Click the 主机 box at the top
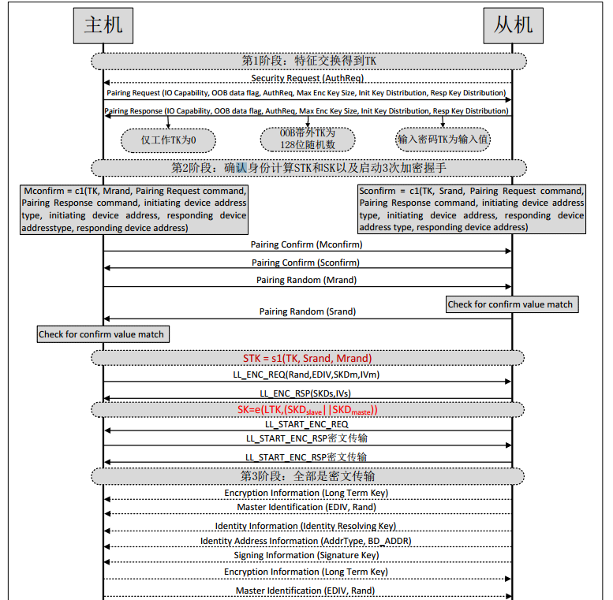pyautogui.click(x=103, y=25)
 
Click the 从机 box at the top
pyautogui.click(x=513, y=25)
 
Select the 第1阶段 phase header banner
pyautogui.click(x=308, y=61)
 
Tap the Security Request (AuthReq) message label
pyautogui.click(x=308, y=78)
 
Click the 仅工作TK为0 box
pyautogui.click(x=168, y=140)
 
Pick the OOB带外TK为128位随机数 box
pyautogui.click(x=308, y=139)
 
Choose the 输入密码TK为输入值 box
pyautogui.click(x=443, y=139)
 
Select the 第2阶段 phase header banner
pyautogui.click(x=308, y=167)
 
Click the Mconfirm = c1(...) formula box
pyautogui.click(x=134, y=209)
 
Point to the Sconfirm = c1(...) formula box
pyautogui.click(x=472, y=209)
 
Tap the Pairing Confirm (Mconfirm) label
pyautogui.click(x=307, y=244)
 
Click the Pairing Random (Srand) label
pyautogui.click(x=308, y=311)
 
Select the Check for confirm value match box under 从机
pyautogui.click(x=510, y=304)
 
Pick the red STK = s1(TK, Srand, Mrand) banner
pyautogui.click(x=308, y=358)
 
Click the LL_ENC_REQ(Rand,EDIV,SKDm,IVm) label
pyautogui.click(x=308, y=375)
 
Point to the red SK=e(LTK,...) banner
pyautogui.click(x=308, y=409)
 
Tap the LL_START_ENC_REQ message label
pyautogui.click(x=307, y=424)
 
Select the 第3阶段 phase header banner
pyautogui.click(x=308, y=476)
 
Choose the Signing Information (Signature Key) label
pyautogui.click(x=307, y=556)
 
